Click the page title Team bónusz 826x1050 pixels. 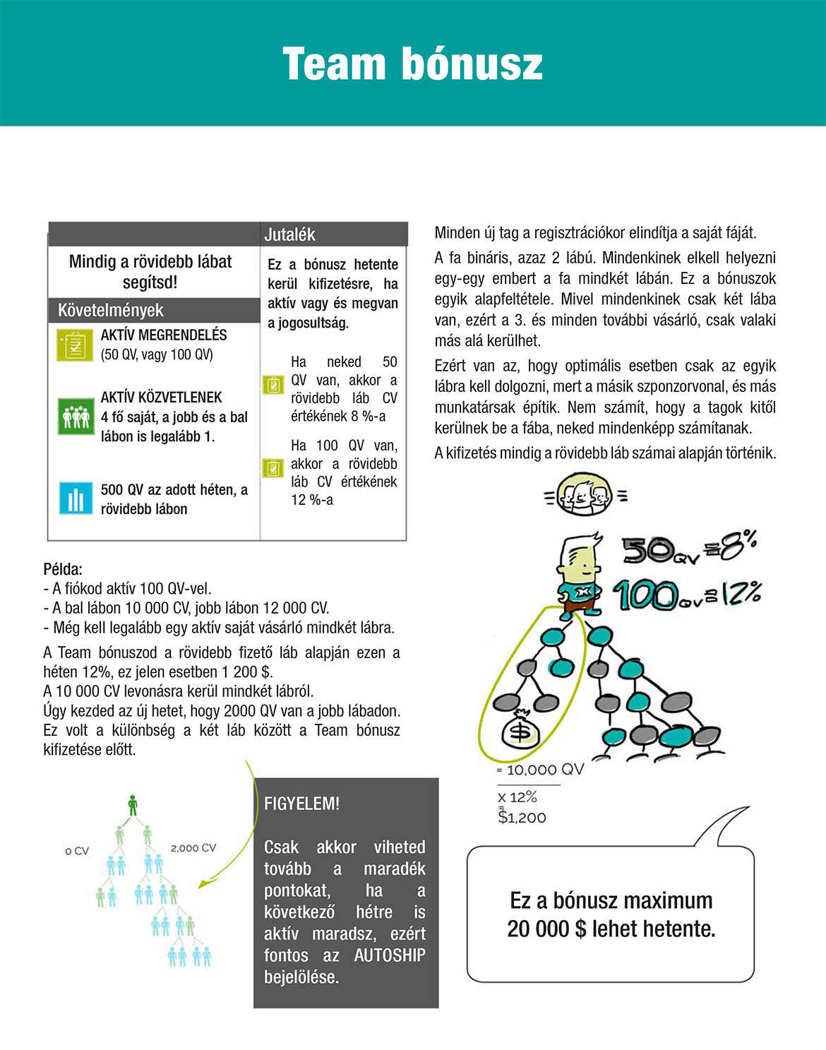(412, 64)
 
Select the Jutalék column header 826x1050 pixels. (289, 234)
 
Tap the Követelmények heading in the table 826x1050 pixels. (110, 310)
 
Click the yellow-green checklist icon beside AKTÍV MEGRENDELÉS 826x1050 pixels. (74, 345)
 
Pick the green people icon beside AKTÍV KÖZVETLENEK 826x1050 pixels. (76, 416)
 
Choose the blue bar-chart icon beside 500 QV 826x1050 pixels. (76, 499)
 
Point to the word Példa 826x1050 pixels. (63, 568)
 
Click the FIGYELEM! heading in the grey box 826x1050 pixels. (301, 804)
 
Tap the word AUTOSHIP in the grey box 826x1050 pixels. (390, 955)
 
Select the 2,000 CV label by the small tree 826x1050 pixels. (193, 848)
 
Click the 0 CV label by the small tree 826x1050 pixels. (77, 851)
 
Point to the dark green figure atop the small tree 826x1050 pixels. (133, 804)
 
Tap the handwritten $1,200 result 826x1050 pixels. (522, 818)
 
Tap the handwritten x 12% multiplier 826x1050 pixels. (517, 797)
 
